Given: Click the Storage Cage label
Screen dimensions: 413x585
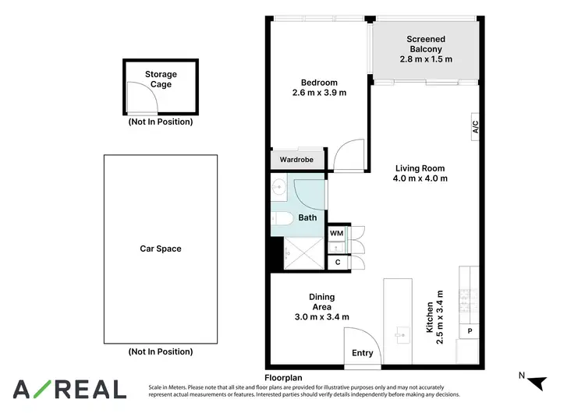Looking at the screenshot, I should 161,79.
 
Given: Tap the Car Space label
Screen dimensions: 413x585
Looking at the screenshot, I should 161,249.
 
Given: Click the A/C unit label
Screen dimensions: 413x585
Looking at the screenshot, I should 474,128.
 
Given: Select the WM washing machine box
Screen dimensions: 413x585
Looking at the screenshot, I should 337,233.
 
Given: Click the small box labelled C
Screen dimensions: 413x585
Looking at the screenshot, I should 337,262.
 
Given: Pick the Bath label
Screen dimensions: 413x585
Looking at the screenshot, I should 307,217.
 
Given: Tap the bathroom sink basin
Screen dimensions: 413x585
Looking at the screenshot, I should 278,186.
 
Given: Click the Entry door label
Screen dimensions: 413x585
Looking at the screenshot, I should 363,353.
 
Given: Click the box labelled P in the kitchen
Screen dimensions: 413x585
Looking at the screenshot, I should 470,330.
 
